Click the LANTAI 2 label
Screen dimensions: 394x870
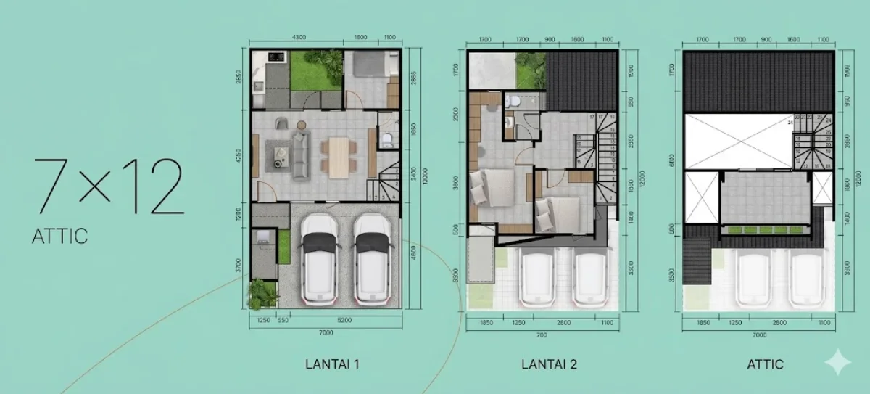click(549, 364)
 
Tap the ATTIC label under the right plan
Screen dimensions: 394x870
click(764, 364)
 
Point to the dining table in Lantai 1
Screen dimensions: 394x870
click(339, 153)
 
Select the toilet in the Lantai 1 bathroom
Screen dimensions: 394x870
click(386, 138)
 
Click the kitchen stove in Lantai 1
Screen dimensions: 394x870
click(276, 55)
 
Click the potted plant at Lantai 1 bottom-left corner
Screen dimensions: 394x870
click(262, 293)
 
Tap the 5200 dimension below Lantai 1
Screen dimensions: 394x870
click(345, 320)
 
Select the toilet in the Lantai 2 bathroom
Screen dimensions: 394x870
click(512, 101)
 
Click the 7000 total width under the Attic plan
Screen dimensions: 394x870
click(758, 336)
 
